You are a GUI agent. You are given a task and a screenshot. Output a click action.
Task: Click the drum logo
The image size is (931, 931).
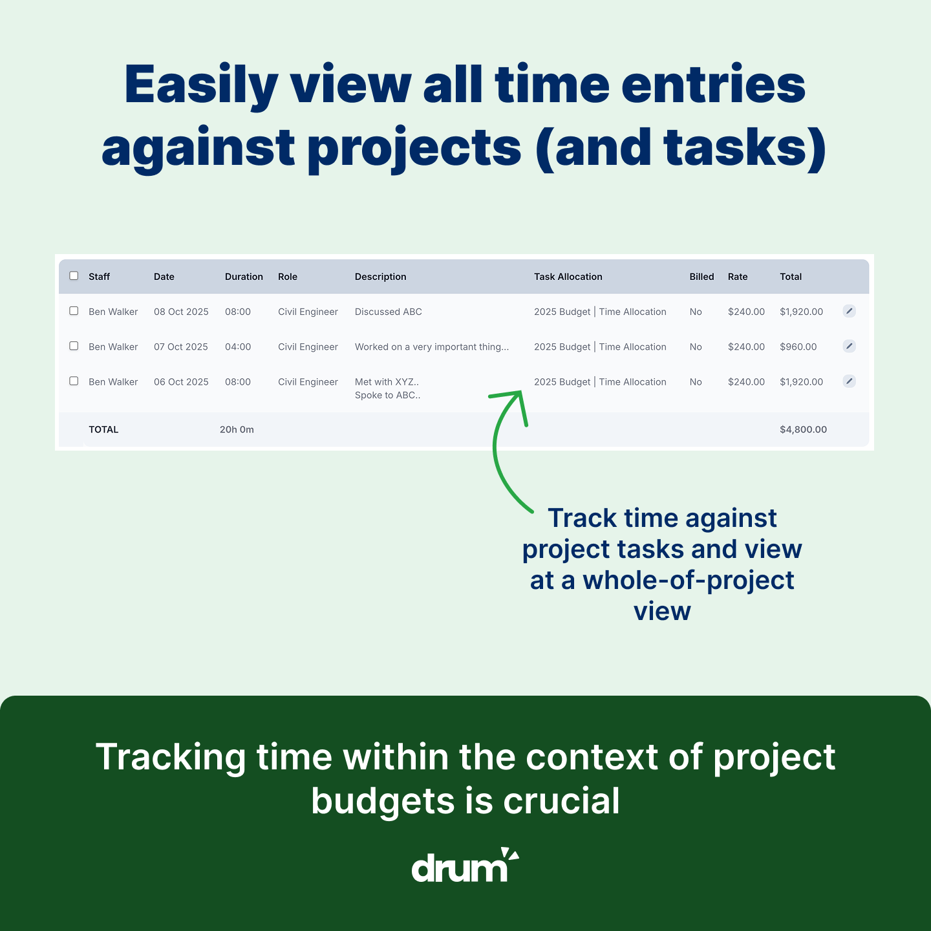click(465, 865)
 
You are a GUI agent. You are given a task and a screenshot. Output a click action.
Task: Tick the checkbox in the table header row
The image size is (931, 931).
click(74, 275)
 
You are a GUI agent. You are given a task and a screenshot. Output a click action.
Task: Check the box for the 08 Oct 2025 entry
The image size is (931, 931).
click(74, 310)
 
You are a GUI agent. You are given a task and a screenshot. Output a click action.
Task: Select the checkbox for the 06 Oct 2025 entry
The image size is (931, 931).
click(74, 381)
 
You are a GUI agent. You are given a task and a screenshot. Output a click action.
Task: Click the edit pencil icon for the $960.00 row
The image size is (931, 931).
click(849, 346)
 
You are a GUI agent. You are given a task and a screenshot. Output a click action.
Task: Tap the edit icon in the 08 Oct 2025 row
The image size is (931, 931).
click(849, 310)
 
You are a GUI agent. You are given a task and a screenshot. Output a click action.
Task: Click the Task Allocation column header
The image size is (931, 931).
click(568, 276)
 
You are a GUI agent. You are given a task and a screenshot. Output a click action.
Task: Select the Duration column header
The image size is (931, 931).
click(244, 276)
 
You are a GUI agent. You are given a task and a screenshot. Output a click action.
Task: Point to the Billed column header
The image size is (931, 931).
click(701, 276)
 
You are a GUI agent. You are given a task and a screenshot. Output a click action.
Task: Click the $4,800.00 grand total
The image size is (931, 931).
click(803, 429)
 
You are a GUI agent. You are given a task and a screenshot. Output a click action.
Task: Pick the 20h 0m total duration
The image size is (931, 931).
click(236, 429)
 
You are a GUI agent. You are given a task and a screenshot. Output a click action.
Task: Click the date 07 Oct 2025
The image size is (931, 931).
click(180, 347)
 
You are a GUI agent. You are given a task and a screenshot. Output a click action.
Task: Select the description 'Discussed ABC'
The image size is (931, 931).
click(388, 312)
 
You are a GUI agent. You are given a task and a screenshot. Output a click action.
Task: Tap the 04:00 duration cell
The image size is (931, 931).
click(238, 347)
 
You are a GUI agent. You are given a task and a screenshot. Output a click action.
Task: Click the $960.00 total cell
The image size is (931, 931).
click(798, 347)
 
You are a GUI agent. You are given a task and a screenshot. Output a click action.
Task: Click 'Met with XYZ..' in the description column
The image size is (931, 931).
click(387, 381)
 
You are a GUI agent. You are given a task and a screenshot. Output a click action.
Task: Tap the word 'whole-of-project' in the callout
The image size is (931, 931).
click(688, 580)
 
